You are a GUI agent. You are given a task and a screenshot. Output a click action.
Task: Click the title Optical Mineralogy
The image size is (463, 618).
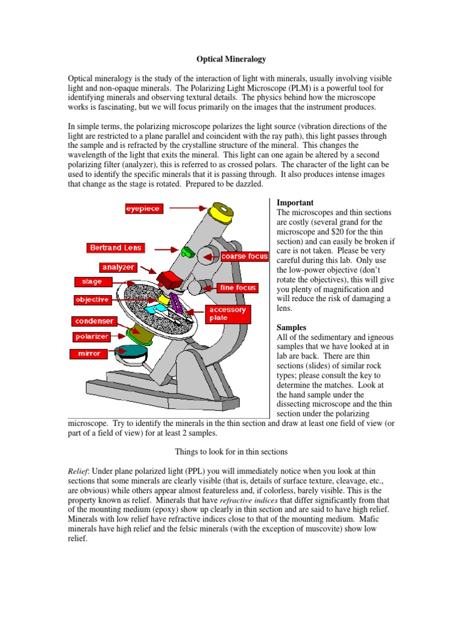click(x=231, y=59)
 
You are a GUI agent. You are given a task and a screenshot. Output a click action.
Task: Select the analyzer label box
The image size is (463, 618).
click(x=118, y=266)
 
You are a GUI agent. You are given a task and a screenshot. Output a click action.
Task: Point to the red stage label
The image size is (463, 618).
click(x=88, y=281)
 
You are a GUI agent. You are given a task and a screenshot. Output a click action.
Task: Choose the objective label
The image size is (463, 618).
click(x=92, y=299)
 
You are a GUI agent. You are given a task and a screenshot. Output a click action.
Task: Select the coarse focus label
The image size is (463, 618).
click(x=244, y=256)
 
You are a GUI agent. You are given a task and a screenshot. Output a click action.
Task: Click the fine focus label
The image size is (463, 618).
click(x=238, y=288)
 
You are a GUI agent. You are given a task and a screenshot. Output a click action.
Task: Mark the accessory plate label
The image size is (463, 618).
click(x=227, y=314)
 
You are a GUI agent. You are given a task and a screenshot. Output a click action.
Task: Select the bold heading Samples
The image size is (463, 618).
click(x=291, y=327)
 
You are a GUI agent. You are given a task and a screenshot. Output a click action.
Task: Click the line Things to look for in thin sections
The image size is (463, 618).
click(x=231, y=451)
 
